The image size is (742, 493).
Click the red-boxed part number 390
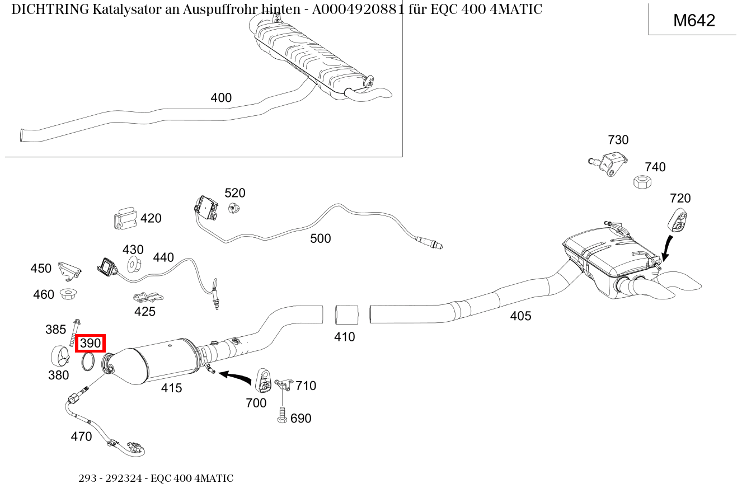90,343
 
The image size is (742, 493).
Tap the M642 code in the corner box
693,21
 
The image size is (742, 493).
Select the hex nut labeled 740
641,182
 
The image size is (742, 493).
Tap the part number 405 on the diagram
520,316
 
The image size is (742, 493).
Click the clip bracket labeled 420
125,218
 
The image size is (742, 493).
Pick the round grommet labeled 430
133,265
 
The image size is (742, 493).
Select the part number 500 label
320,238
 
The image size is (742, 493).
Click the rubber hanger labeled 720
678,219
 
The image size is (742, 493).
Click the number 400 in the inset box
220,98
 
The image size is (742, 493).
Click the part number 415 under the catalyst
171,388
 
